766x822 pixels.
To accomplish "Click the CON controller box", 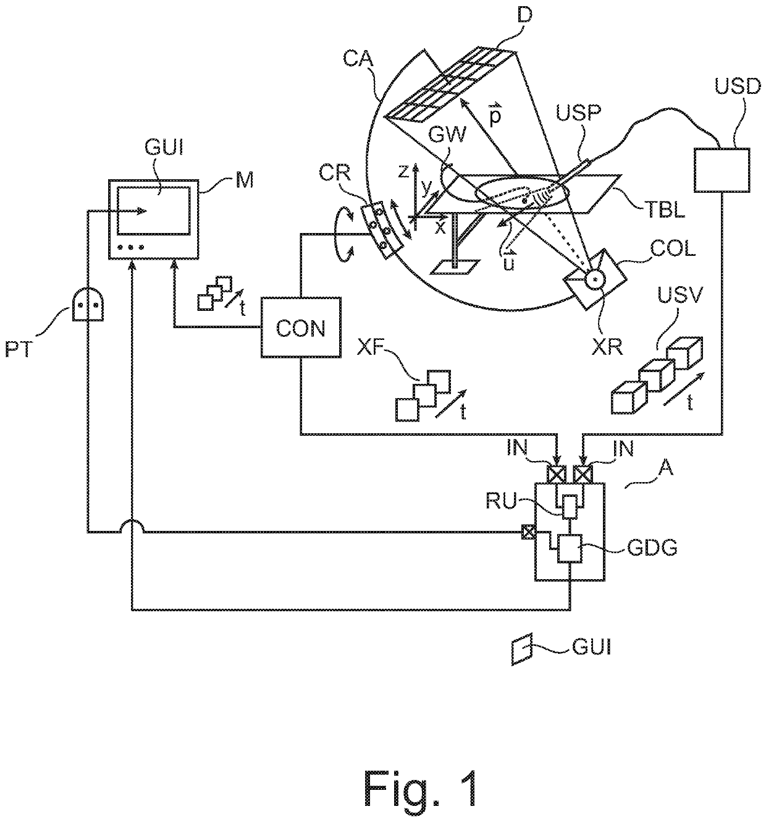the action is pos(300,327).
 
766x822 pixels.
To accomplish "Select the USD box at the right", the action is pos(722,170).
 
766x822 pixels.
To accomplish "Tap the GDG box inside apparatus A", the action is pos(570,548).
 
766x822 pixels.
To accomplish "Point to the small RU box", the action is pos(570,506).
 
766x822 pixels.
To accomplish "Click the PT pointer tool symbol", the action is pos(88,305).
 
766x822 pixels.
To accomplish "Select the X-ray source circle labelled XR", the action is pos(595,280).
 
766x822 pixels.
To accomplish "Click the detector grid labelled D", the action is pos(450,85).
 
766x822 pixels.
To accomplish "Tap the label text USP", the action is pos(578,112).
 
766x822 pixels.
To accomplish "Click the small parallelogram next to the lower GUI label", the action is pos(521,649).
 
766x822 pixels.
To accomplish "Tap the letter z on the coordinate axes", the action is pos(403,171).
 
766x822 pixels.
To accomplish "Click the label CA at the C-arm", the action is pos(358,59).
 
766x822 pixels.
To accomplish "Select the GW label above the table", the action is pos(447,135).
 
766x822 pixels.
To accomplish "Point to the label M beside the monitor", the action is pos(245,180).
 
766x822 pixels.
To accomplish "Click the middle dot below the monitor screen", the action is pos(131,247).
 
